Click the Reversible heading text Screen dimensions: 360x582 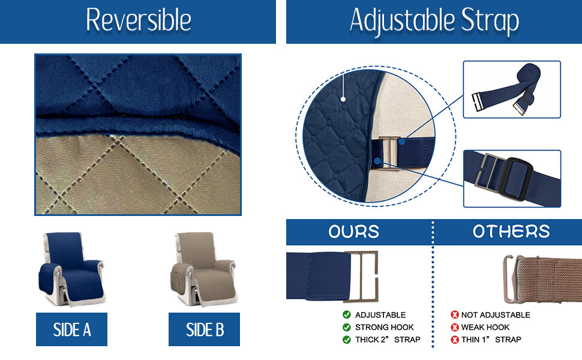139,20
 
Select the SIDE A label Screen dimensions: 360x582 71,329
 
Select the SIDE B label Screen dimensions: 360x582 205,329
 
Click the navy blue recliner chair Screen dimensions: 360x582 71,267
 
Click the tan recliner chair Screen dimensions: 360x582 203,267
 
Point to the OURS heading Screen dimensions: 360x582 353,232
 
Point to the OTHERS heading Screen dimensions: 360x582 511,232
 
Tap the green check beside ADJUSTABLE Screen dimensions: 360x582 347,315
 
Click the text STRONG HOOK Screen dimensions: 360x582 385,327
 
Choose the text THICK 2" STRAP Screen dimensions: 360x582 388,340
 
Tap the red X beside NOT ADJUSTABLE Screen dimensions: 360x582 455,315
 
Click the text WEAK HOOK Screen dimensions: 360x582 486,327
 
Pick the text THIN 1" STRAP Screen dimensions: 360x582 491,340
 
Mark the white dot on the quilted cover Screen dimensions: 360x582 343,98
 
